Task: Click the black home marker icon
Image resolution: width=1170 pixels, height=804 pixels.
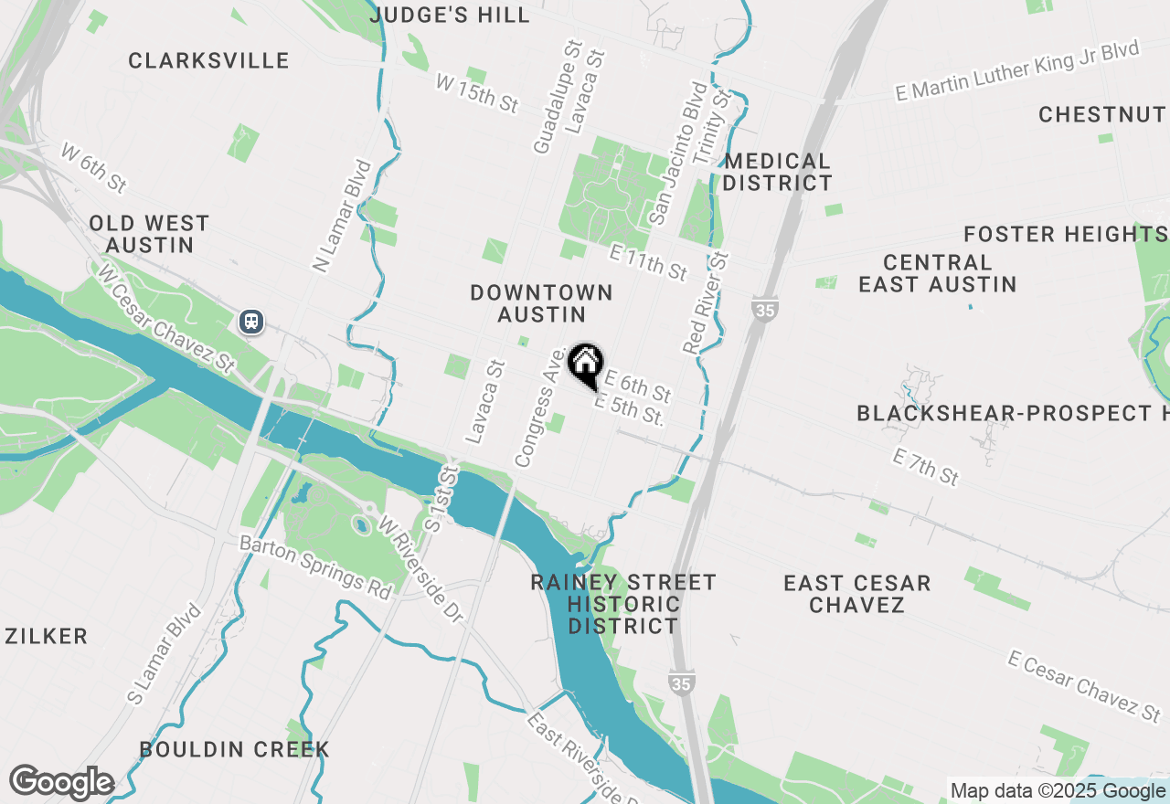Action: point(585,364)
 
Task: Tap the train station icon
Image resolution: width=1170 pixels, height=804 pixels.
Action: point(251,322)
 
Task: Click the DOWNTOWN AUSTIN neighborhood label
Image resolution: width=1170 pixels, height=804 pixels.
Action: point(541,303)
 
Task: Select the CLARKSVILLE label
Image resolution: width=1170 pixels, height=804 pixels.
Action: point(208,61)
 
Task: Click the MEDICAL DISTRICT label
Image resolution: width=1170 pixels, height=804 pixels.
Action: point(778,172)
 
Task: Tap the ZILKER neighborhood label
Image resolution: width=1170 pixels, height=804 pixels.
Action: point(47,636)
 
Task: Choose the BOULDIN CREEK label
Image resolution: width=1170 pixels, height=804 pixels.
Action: point(234,749)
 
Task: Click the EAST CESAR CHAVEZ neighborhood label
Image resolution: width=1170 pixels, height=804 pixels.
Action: point(857,594)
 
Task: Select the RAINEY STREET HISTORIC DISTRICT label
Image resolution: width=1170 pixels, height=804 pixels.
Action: point(623,604)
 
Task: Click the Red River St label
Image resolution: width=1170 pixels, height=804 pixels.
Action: point(707,302)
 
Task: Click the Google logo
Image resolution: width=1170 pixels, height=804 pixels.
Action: point(62,783)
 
